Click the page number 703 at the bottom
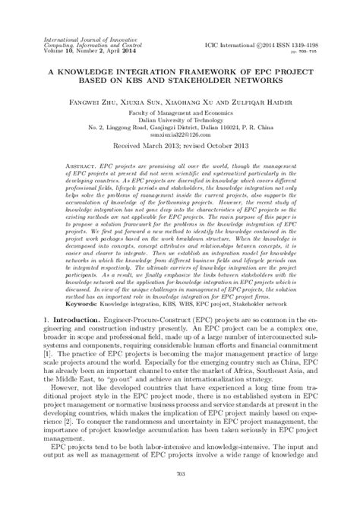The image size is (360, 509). [x=179, y=495]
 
